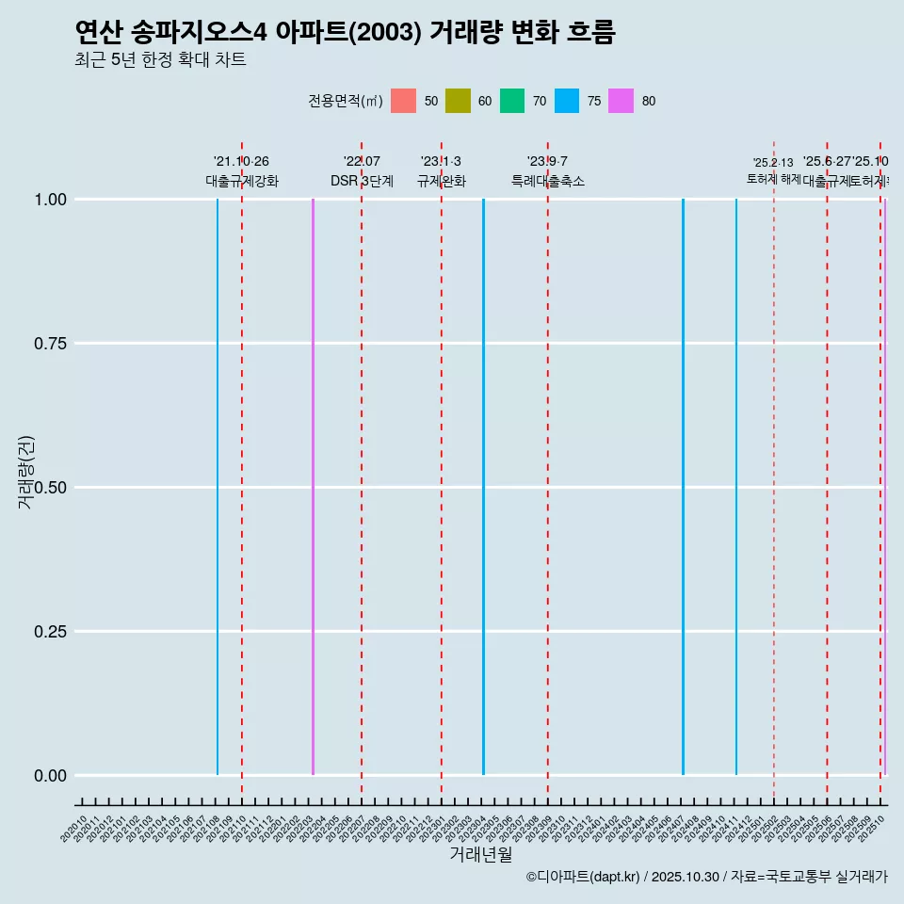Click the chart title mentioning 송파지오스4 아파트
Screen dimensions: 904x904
[345, 33]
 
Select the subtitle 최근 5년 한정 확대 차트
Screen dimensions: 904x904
[160, 60]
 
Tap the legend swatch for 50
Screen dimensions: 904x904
[403, 101]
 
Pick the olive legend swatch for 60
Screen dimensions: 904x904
[458, 101]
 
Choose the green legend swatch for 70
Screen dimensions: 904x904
[512, 101]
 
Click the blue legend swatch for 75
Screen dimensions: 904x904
[567, 101]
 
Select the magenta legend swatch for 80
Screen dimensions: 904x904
[621, 101]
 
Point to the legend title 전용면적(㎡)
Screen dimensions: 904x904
[345, 102]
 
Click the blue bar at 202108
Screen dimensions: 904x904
[218, 487]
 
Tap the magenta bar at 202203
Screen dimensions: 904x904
[313, 487]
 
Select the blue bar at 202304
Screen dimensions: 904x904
[483, 487]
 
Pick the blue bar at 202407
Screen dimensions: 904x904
[683, 487]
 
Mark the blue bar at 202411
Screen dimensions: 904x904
[736, 487]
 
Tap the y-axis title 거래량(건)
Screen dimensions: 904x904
[25, 473]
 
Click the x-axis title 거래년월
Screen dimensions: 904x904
[480, 854]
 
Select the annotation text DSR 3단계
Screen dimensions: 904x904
[362, 181]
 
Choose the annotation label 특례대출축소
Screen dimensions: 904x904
[548, 181]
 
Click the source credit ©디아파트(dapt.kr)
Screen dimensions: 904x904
[584, 877]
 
